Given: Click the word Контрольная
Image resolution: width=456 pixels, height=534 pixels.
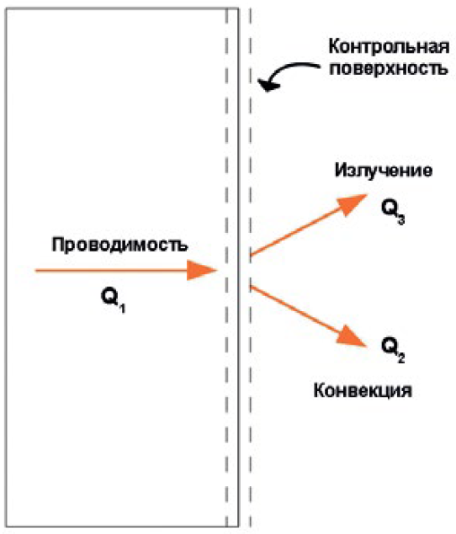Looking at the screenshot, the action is click(389, 46).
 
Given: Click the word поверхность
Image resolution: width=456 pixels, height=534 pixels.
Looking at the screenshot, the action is click(388, 68).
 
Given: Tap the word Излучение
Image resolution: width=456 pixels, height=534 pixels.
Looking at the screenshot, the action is click(384, 170).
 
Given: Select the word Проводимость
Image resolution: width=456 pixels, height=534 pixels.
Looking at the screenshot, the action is click(119, 245).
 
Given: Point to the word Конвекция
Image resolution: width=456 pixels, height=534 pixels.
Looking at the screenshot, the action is click(363, 390).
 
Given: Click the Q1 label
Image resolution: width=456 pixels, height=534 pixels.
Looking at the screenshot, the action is click(113, 299).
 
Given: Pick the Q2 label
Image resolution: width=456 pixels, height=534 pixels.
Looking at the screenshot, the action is click(393, 350).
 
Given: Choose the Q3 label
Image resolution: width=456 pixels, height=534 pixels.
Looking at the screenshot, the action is click(393, 211).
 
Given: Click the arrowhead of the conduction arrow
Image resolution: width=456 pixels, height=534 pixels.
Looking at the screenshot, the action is click(202, 271).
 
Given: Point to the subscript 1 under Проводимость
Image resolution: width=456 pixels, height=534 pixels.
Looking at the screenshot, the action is click(122, 309).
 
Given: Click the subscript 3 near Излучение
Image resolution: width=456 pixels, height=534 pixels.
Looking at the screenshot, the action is click(400, 219).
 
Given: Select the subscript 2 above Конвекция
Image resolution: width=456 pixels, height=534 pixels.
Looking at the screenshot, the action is click(400, 358).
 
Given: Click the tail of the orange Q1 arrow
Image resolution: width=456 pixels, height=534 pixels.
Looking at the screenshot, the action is click(36, 271).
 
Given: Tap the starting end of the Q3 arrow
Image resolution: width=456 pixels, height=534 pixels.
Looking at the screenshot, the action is click(251, 255).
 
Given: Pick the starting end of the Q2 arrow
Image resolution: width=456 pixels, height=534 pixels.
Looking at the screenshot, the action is click(251, 287).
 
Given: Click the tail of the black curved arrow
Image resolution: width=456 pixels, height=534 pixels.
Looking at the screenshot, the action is click(319, 66).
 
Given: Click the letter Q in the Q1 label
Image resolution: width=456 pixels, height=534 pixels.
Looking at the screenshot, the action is click(109, 296).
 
